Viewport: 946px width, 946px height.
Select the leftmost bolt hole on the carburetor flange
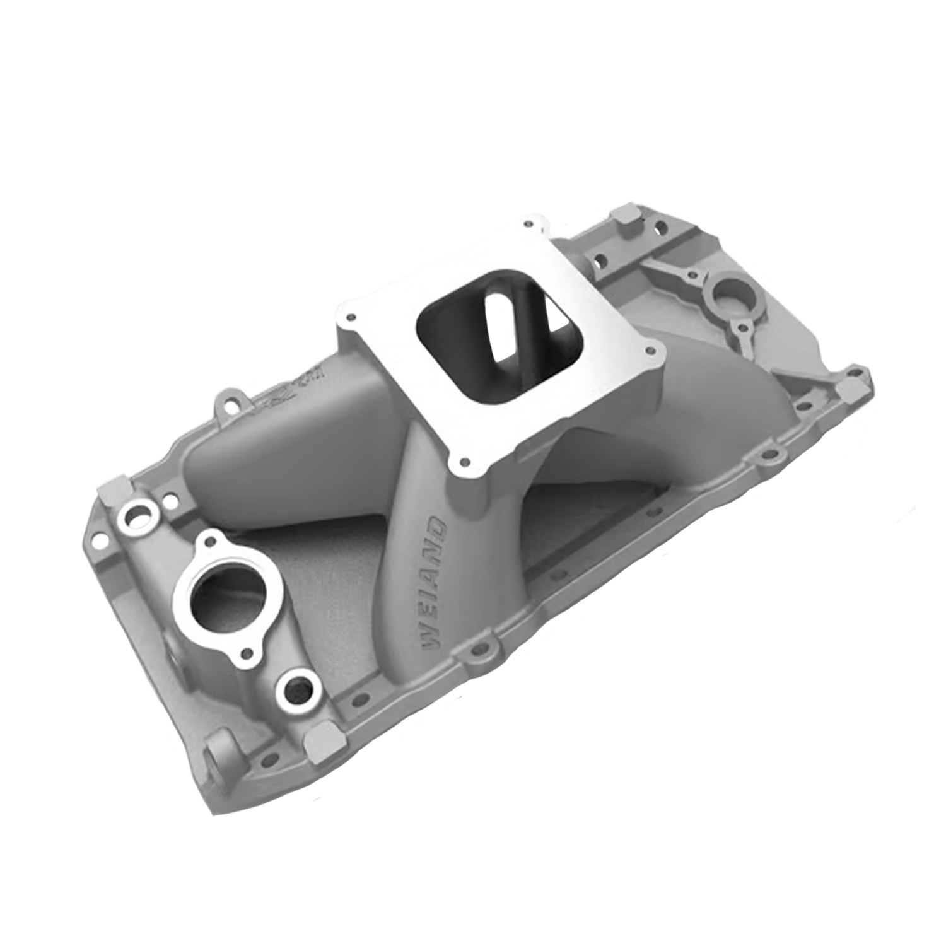[x=351, y=317]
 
